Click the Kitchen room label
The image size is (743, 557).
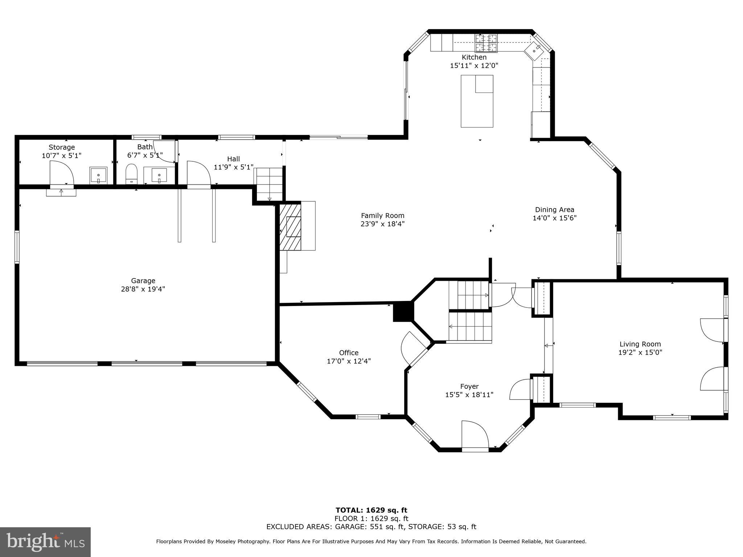tap(474, 57)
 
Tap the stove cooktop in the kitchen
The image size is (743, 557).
tap(486, 43)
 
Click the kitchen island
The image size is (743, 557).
tap(477, 101)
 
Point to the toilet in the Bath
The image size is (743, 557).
tap(131, 174)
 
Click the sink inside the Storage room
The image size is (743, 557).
tap(98, 176)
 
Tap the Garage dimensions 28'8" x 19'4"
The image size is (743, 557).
tap(143, 289)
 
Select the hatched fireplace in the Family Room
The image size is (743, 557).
tap(291, 226)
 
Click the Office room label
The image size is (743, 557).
tap(349, 352)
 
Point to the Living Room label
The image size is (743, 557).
tap(640, 344)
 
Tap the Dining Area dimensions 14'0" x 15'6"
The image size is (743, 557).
tap(554, 218)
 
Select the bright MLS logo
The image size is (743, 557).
tap(45, 542)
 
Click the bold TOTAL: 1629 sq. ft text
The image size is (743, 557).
tap(371, 510)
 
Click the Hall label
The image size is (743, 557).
tap(233, 159)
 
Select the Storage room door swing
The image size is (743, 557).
tap(62, 173)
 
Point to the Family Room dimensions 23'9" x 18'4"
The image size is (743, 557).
tap(382, 224)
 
